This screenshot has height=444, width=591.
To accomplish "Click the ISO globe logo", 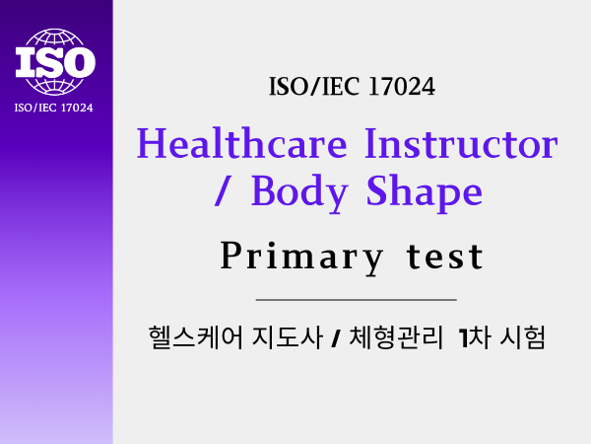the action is point(55,61).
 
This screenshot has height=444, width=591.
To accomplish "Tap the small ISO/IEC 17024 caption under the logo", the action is point(53,108).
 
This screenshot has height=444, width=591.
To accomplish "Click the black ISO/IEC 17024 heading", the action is point(352,87).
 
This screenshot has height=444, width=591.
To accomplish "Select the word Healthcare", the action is point(241,144).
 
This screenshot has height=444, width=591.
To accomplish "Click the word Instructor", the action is point(462,144).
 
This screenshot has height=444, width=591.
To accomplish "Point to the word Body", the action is point(299,193).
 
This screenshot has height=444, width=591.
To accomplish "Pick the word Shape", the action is point(425,193).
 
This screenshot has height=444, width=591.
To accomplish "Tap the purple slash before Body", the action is point(222,191).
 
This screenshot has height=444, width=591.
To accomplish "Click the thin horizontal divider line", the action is point(357,300).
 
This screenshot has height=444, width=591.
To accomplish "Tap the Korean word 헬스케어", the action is point(196,336).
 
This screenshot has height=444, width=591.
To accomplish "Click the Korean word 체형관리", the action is point(396,336).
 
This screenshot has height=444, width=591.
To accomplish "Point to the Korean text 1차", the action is point(475,336).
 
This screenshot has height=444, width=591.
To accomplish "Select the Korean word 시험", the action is point(523,336).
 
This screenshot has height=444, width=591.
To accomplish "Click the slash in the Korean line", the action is point(336,338).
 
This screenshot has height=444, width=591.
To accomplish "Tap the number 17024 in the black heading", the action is point(402,87).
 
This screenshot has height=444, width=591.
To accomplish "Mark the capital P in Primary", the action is point(230,256).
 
